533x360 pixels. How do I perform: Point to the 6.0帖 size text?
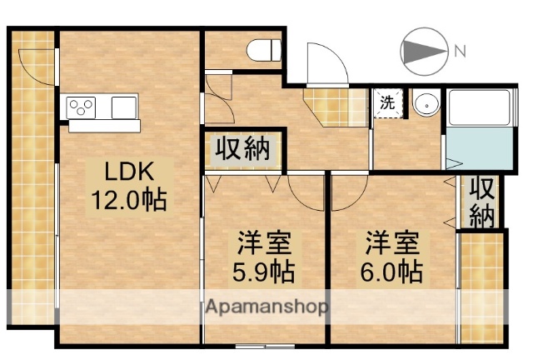pyautogui.click(x=391, y=272)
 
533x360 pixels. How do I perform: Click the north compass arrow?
pyautogui.click(x=425, y=51)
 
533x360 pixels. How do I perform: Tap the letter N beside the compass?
pyautogui.click(x=460, y=52)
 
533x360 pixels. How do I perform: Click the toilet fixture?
pyautogui.click(x=265, y=49)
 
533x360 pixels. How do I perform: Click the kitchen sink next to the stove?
pyautogui.click(x=123, y=107)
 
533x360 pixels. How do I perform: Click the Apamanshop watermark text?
pyautogui.click(x=266, y=306)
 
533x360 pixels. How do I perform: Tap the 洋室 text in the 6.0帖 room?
pyautogui.click(x=391, y=244)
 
